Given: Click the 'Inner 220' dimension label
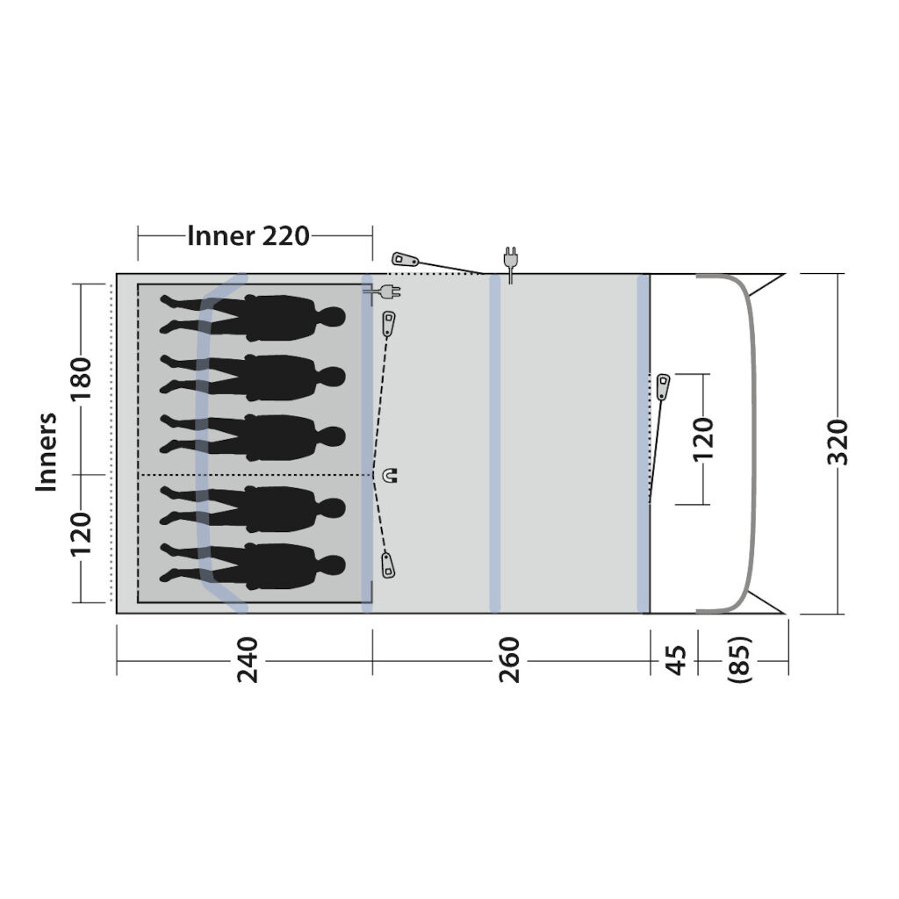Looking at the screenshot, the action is pyautogui.click(x=248, y=235).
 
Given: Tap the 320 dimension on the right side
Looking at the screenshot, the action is pyautogui.click(x=838, y=442).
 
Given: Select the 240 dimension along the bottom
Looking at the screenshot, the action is pyautogui.click(x=248, y=660).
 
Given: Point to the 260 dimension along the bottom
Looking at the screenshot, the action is pyautogui.click(x=509, y=660).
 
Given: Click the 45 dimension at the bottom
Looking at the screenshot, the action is pyautogui.click(x=676, y=660).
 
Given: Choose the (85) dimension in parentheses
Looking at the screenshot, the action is pyautogui.click(x=738, y=660).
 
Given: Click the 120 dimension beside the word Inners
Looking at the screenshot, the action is pyautogui.click(x=81, y=534).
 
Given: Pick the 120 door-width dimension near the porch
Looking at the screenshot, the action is pyautogui.click(x=703, y=439).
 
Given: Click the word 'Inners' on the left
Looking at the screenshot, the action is pyautogui.click(x=47, y=452).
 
